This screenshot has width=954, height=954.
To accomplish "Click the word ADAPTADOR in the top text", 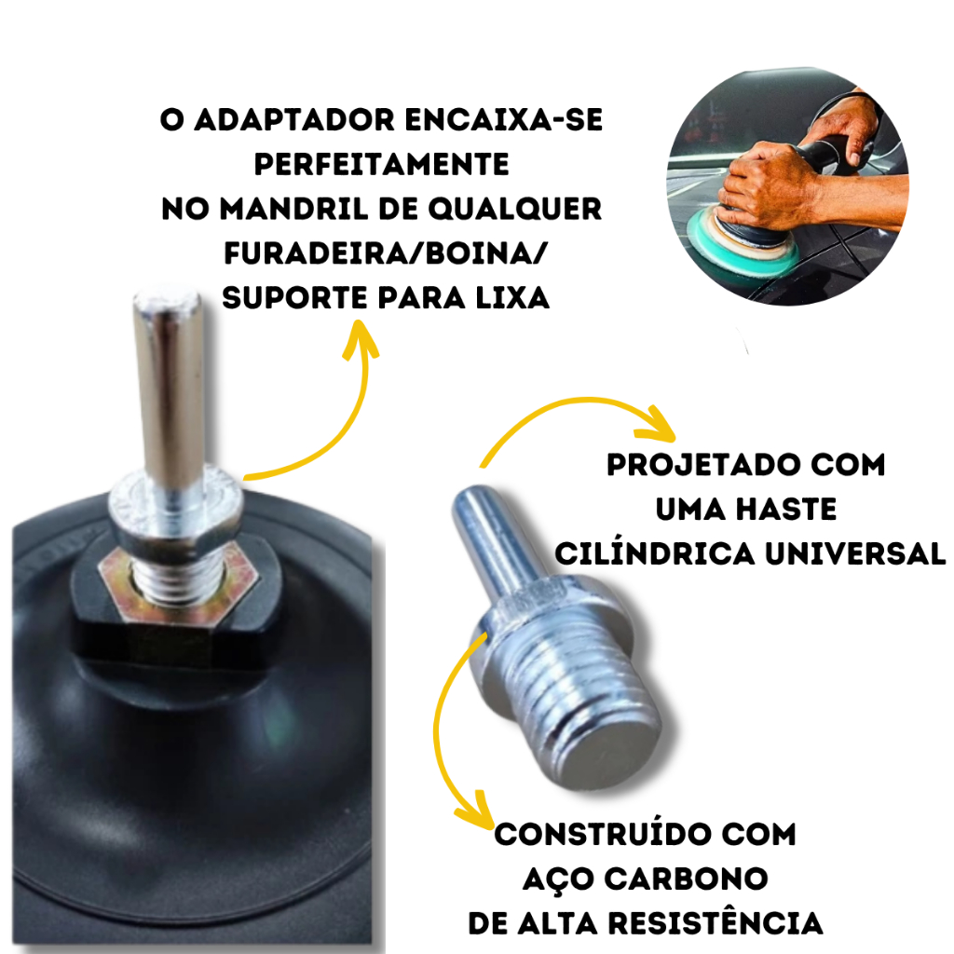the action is click(293, 120).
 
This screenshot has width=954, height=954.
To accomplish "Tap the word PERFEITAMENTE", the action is click(381, 164).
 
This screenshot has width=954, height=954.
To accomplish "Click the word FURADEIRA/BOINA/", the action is click(387, 253).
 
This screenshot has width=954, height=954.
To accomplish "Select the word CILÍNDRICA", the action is click(655, 553).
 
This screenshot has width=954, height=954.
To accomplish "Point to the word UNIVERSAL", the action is click(855, 554).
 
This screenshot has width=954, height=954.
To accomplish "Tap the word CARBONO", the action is click(686, 879).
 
